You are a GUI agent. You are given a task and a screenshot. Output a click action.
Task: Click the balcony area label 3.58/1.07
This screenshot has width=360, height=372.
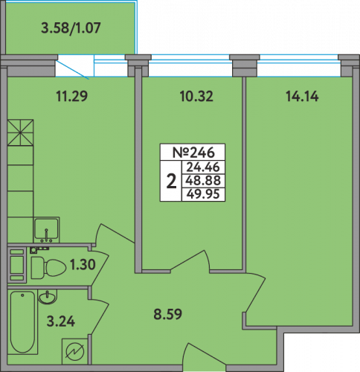pos(71,28)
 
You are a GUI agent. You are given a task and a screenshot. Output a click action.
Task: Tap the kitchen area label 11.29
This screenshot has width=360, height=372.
pos(72,96)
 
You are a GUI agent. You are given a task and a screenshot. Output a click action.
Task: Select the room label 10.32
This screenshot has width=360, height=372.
pos(196,96)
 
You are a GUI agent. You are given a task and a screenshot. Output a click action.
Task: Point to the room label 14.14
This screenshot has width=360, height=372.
pos(302,96)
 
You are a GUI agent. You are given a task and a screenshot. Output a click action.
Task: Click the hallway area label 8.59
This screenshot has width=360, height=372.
pos(168,314)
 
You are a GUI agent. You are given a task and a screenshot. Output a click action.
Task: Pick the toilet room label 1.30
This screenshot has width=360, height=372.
pos(83,264)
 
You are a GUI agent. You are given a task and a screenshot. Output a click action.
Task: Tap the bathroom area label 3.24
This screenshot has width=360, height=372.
pos(61,321)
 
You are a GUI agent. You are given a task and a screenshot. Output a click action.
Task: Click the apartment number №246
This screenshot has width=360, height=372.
pos(193,153)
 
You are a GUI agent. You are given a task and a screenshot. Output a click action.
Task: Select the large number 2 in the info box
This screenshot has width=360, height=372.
pos(171,181)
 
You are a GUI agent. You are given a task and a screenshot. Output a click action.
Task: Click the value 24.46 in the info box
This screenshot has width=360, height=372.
pos(203,167)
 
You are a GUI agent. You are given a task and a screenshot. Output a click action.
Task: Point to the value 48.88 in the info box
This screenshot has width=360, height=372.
pos(203,180)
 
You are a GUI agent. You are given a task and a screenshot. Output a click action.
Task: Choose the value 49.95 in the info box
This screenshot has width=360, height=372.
pos(203,193)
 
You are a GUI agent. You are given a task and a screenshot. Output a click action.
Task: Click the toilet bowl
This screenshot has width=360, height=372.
pos(48,268)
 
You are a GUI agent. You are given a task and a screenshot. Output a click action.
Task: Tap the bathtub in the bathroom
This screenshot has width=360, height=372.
pos(23,322)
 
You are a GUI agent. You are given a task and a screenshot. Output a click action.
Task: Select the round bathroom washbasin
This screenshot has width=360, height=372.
pos(48,296)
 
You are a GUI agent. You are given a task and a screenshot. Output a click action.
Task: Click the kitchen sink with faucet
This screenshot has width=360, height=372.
pos(46,230)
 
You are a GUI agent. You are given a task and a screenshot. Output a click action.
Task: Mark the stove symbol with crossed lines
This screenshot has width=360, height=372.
pos(20,132)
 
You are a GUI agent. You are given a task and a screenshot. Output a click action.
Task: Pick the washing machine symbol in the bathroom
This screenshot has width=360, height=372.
pos(74,351)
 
